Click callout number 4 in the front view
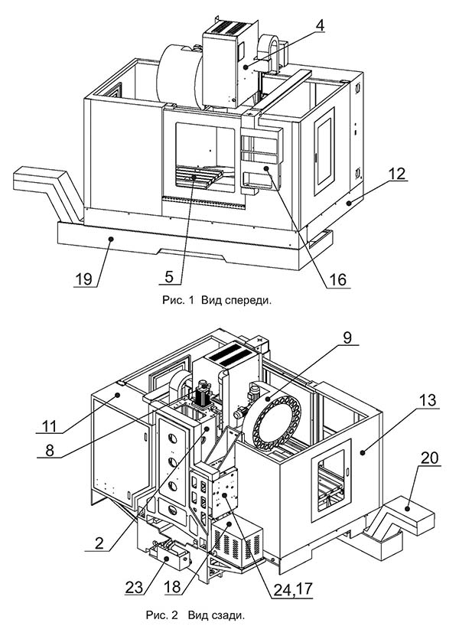click(x=320, y=25)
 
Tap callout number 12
click(x=396, y=174)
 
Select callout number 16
click(x=337, y=280)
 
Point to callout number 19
click(x=83, y=279)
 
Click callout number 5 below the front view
click(x=168, y=277)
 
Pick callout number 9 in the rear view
click(x=347, y=337)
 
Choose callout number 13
click(x=428, y=400)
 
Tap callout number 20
click(x=429, y=458)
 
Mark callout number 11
click(x=50, y=426)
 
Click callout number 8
click(x=49, y=451)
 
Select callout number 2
click(x=99, y=543)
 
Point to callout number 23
click(x=135, y=587)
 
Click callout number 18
click(x=172, y=587)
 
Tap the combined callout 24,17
click(x=292, y=589)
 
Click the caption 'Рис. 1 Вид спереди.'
click(x=216, y=301)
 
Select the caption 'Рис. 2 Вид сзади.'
click(x=195, y=615)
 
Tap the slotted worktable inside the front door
click(x=200, y=178)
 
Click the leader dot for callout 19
click(x=110, y=240)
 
